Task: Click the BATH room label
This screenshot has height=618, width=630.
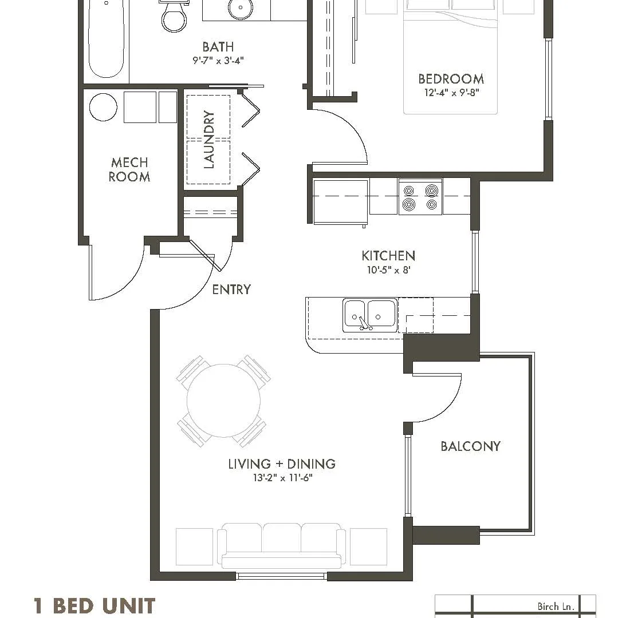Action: (x=218, y=47)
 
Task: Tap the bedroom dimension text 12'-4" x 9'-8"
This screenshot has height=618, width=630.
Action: (x=452, y=93)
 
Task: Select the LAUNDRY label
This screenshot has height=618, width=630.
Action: (x=209, y=140)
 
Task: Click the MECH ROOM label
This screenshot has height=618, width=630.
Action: (x=129, y=169)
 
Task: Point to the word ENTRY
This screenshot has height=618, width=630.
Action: (x=231, y=289)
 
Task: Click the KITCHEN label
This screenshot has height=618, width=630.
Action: (x=388, y=256)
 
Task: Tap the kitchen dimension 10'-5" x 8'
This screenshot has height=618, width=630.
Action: (x=388, y=270)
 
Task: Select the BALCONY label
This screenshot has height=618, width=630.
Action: (x=470, y=446)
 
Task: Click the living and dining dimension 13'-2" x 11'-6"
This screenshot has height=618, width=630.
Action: (x=283, y=478)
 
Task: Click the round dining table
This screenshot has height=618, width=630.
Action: (x=223, y=401)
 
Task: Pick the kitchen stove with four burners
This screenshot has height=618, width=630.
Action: (x=420, y=197)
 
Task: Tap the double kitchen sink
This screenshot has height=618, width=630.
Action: (x=369, y=315)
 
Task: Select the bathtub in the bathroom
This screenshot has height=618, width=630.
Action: (x=106, y=39)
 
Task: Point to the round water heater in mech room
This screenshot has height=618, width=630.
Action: (x=103, y=107)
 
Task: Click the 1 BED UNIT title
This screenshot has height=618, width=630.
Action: (x=94, y=605)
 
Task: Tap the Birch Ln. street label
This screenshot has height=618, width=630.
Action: (x=556, y=607)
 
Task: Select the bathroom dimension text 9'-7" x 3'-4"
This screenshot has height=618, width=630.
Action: (x=218, y=61)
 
